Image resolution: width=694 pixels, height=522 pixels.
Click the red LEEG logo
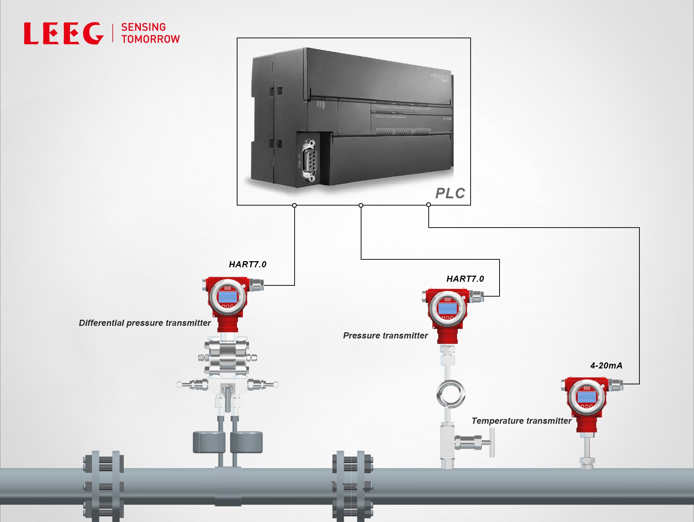click(64, 33)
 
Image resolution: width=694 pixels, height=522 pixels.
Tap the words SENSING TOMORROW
click(150, 33)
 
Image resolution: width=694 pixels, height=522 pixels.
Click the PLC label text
click(450, 193)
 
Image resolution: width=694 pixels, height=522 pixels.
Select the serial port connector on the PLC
click(309, 160)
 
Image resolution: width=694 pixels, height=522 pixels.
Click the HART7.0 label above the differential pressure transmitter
click(248, 264)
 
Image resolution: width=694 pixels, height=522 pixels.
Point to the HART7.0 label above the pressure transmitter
click(465, 279)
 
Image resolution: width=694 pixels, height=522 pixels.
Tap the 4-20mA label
click(606, 366)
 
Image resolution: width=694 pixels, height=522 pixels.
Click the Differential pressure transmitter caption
click(145, 323)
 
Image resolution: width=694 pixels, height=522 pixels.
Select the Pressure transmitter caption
click(385, 336)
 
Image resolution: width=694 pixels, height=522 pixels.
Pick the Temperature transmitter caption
click(521, 421)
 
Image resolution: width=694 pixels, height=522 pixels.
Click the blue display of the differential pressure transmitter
click(227, 297)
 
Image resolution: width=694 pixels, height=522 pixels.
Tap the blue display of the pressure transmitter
click(447, 309)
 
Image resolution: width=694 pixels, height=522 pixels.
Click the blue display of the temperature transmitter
click(586, 397)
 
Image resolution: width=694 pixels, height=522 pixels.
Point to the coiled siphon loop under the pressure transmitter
click(450, 394)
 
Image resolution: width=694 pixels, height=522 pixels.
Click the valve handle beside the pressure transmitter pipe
click(492, 443)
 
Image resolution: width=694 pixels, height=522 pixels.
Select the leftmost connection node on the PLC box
click(295, 205)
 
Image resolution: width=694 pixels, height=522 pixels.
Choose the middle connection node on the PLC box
click(361, 205)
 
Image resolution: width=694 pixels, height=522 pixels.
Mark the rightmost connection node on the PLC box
click(428, 205)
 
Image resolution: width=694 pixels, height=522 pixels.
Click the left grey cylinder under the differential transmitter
click(209, 442)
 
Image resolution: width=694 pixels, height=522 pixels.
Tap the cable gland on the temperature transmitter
click(616, 385)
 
